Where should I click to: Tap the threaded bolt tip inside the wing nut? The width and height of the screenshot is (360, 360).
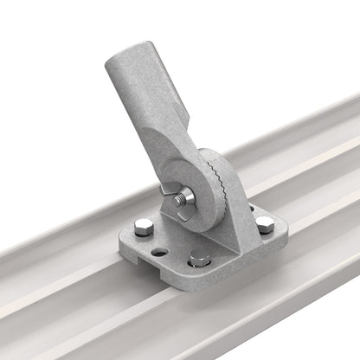point(181,200)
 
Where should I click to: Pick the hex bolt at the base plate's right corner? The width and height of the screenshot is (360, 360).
point(264,224)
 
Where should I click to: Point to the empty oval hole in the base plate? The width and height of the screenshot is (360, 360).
point(160,252)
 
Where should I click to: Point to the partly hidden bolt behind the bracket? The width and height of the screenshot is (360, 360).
point(251,207)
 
